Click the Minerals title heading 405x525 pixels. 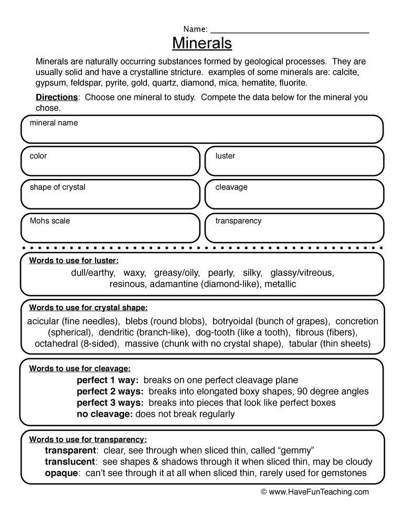(x=202, y=42)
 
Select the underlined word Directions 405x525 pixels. (x=57, y=97)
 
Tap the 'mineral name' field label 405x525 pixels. (x=54, y=123)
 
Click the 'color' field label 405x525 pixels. (x=38, y=156)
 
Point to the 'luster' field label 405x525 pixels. (x=225, y=156)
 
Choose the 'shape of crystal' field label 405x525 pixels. (x=57, y=187)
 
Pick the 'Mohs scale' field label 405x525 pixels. (x=50, y=220)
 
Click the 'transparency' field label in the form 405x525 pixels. (x=238, y=220)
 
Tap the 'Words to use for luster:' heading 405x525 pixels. (x=74, y=260)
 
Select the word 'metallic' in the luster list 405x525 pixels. (x=280, y=284)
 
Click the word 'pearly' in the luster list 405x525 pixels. (x=221, y=272)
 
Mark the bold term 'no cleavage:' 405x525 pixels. (x=105, y=414)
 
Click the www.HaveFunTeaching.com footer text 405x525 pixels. (x=315, y=492)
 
